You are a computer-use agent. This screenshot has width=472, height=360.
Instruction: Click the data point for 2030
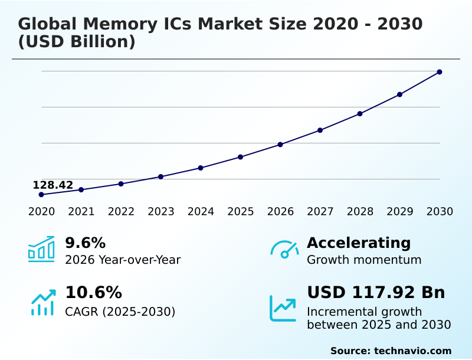[440, 72]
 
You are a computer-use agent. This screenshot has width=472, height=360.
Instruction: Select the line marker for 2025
[241, 157]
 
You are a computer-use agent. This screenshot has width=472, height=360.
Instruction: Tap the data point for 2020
[41, 195]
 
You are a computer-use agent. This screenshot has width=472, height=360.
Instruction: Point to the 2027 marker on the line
[320, 130]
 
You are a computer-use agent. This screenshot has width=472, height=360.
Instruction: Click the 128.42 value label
[53, 185]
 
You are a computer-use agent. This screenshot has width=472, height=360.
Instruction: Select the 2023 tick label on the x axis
[161, 212]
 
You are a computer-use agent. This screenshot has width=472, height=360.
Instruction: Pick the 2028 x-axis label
[360, 212]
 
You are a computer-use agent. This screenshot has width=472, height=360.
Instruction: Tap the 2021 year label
[81, 212]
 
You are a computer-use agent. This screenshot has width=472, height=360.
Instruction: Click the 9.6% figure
[85, 243]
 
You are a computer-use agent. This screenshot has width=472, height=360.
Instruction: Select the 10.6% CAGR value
[93, 293]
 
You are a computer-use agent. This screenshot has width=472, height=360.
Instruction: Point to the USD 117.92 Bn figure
[376, 293]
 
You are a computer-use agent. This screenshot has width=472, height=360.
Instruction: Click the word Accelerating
[359, 243]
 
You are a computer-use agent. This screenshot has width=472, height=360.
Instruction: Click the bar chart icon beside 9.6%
[41, 250]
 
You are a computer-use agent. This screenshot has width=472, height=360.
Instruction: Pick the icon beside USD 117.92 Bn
[283, 308]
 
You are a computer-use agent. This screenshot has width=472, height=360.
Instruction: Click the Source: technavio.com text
[391, 351]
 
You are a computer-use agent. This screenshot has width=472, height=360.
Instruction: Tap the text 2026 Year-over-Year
[123, 260]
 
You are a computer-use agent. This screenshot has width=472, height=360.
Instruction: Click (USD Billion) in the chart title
[77, 42]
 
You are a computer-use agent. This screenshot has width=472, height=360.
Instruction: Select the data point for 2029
[399, 94]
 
